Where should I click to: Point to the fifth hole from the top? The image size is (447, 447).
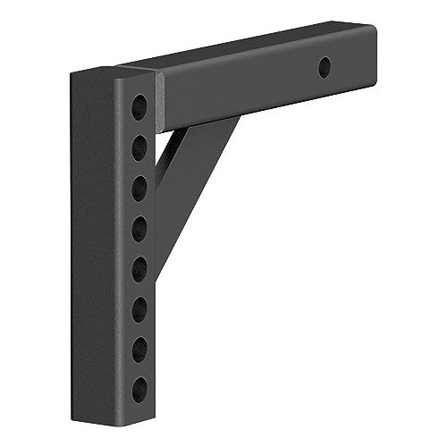[140, 267]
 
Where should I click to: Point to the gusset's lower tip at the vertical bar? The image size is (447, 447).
[162, 268]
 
